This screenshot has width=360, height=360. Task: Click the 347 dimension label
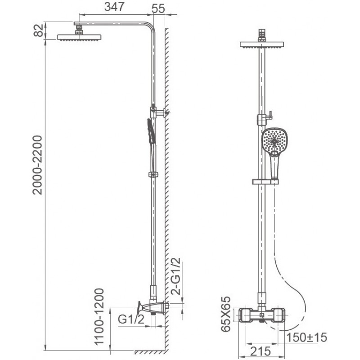click(x=114, y=7)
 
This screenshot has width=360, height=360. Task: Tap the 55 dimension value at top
click(x=158, y=9)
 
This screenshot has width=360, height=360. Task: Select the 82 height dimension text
click(x=38, y=30)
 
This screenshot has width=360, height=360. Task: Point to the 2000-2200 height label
click(x=37, y=165)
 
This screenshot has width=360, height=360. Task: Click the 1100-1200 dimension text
click(x=99, y=317)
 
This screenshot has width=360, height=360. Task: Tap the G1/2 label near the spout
click(x=131, y=319)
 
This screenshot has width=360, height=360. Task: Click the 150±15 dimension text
click(x=306, y=337)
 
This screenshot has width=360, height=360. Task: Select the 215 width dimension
click(x=261, y=351)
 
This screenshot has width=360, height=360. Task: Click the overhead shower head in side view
click(x=79, y=37)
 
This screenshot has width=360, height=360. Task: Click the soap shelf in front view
click(x=265, y=182)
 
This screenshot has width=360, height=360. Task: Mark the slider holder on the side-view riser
click(x=153, y=175)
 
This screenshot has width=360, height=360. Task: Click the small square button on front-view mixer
click(x=261, y=315)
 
